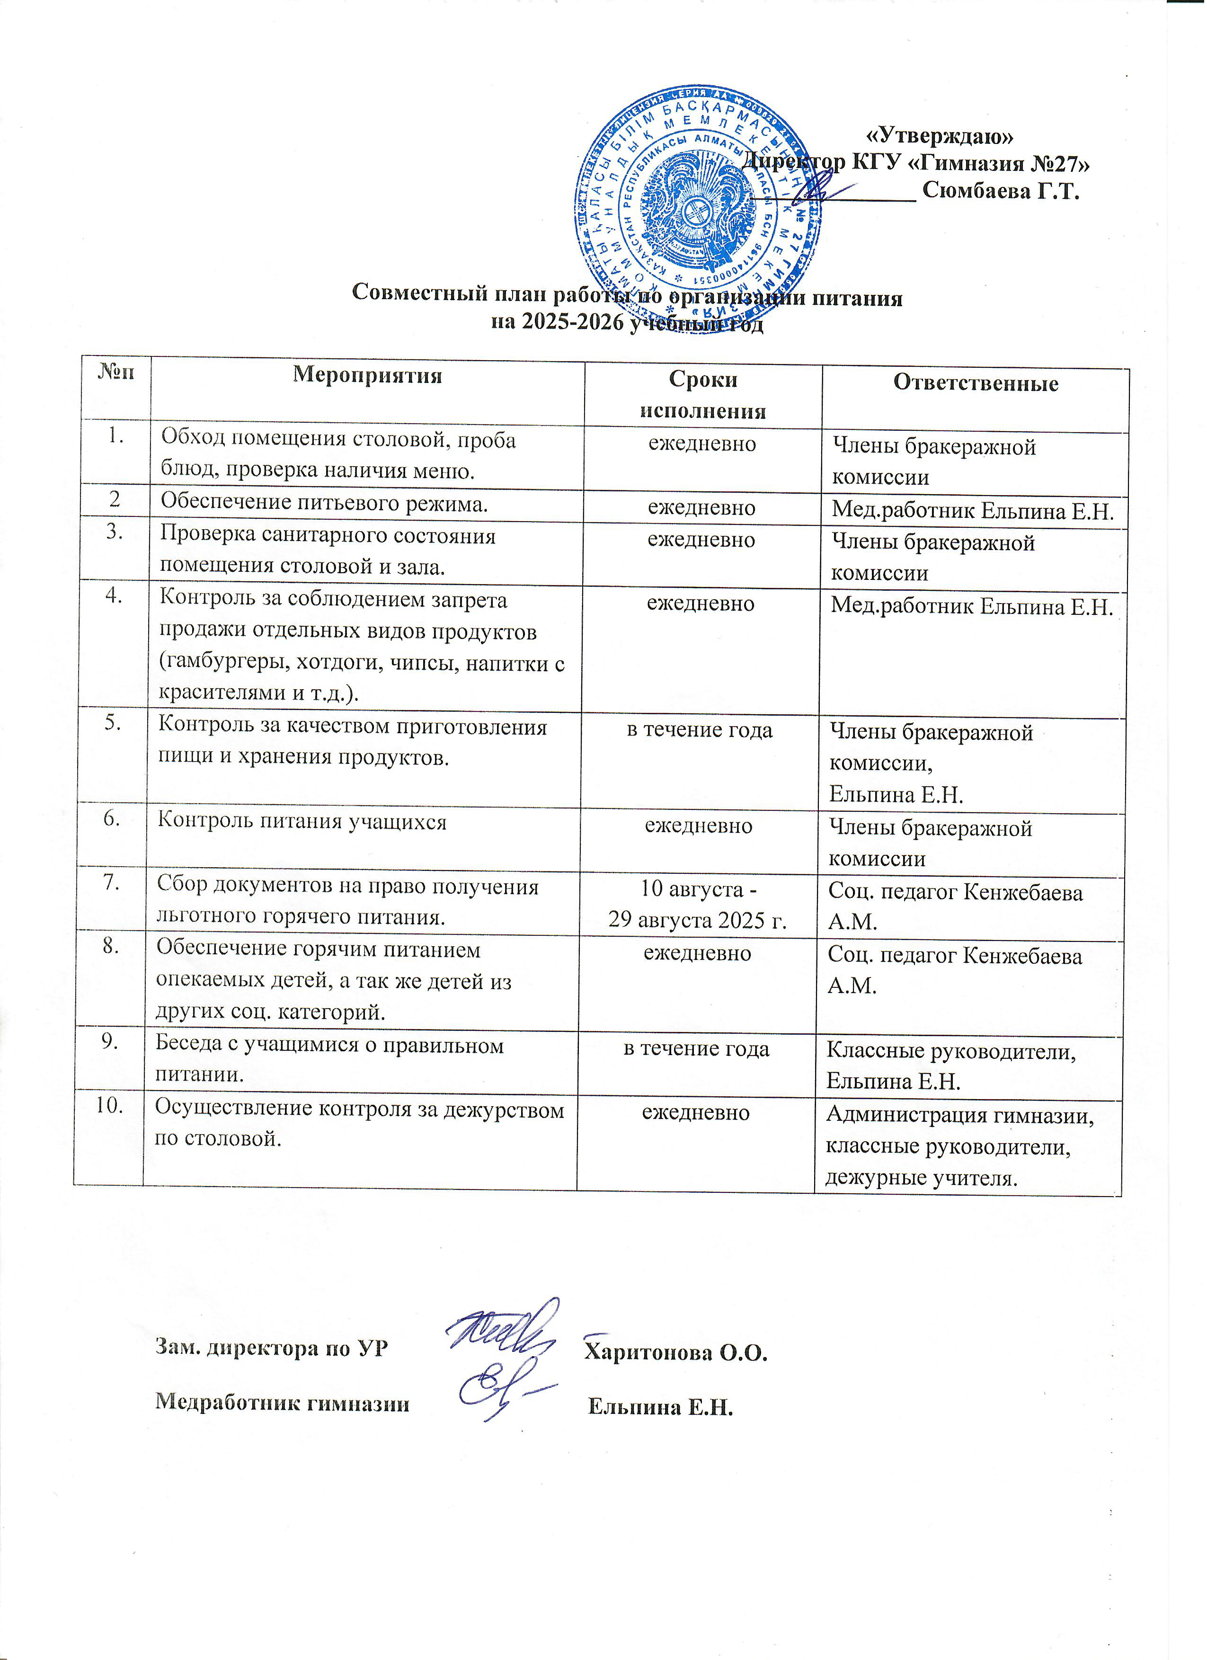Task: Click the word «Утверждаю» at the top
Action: coord(940,135)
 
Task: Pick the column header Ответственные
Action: coord(975,383)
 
